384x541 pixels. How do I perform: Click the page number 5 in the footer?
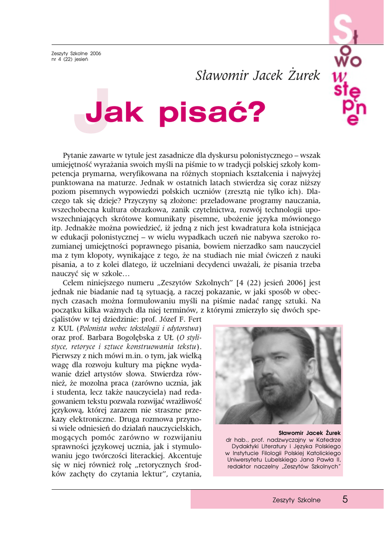(344, 499)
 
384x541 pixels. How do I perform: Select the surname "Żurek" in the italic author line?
(301, 76)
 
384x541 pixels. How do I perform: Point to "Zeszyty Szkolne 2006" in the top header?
(76, 53)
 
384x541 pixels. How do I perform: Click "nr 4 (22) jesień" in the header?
(70, 59)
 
